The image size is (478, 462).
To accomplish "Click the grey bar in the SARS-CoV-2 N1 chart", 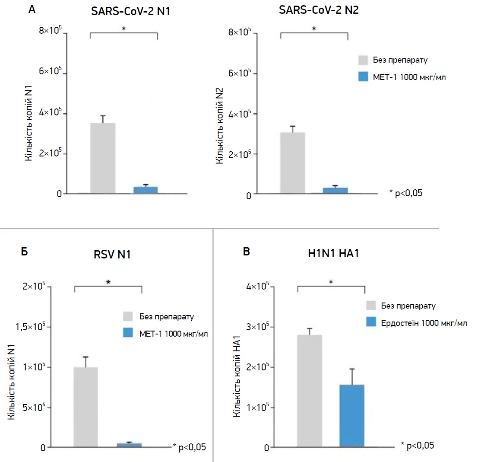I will click(103, 158).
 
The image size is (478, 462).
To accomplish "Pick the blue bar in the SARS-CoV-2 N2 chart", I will click(336, 191).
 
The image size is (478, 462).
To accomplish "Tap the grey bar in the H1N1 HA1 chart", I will click(310, 391).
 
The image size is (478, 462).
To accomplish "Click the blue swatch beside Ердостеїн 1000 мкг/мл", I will click(372, 322).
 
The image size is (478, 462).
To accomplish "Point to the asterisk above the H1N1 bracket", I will click(331, 282).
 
